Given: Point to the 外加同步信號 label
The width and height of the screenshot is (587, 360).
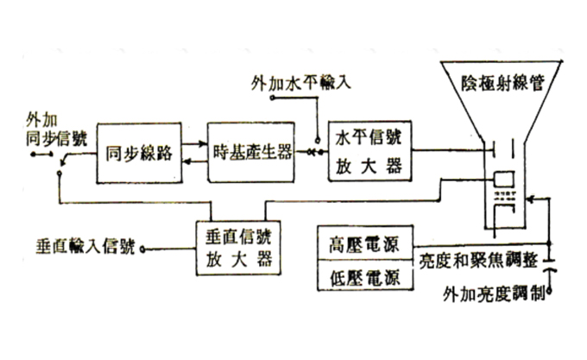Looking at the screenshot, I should click(45, 129).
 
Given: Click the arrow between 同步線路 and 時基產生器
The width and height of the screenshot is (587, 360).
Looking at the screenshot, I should click(192, 153).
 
